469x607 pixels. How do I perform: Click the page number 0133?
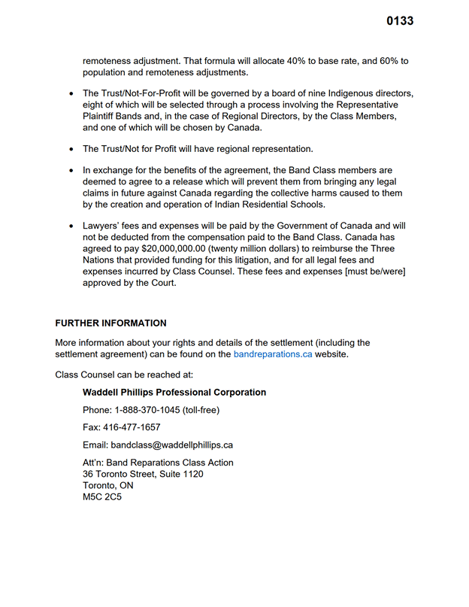coord(400,21)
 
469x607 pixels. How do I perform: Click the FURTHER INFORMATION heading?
coord(110,323)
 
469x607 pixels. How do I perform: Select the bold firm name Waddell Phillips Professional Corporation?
coord(174,393)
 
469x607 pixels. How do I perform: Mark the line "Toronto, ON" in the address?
coord(107,486)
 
